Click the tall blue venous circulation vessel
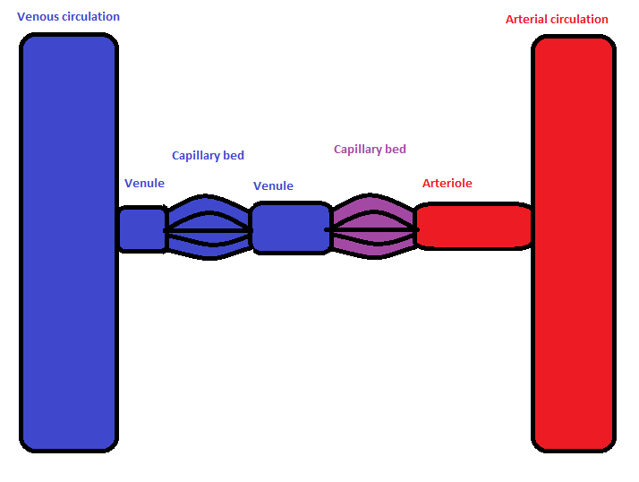tap(69, 242)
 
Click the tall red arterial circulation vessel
tap(574, 242)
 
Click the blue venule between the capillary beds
tap(291, 228)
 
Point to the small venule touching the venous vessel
tap(141, 228)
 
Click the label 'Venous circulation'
tap(68, 17)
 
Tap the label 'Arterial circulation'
tap(557, 19)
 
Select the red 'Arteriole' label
tap(447, 184)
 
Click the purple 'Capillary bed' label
tap(370, 150)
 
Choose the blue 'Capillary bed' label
tap(208, 156)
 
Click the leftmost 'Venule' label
tap(144, 184)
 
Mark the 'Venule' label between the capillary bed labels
tap(273, 186)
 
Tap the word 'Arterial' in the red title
tap(528, 19)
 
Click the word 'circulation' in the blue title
tap(90, 17)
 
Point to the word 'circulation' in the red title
tap(581, 19)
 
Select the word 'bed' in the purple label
tap(396, 150)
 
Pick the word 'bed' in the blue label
tap(234, 156)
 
